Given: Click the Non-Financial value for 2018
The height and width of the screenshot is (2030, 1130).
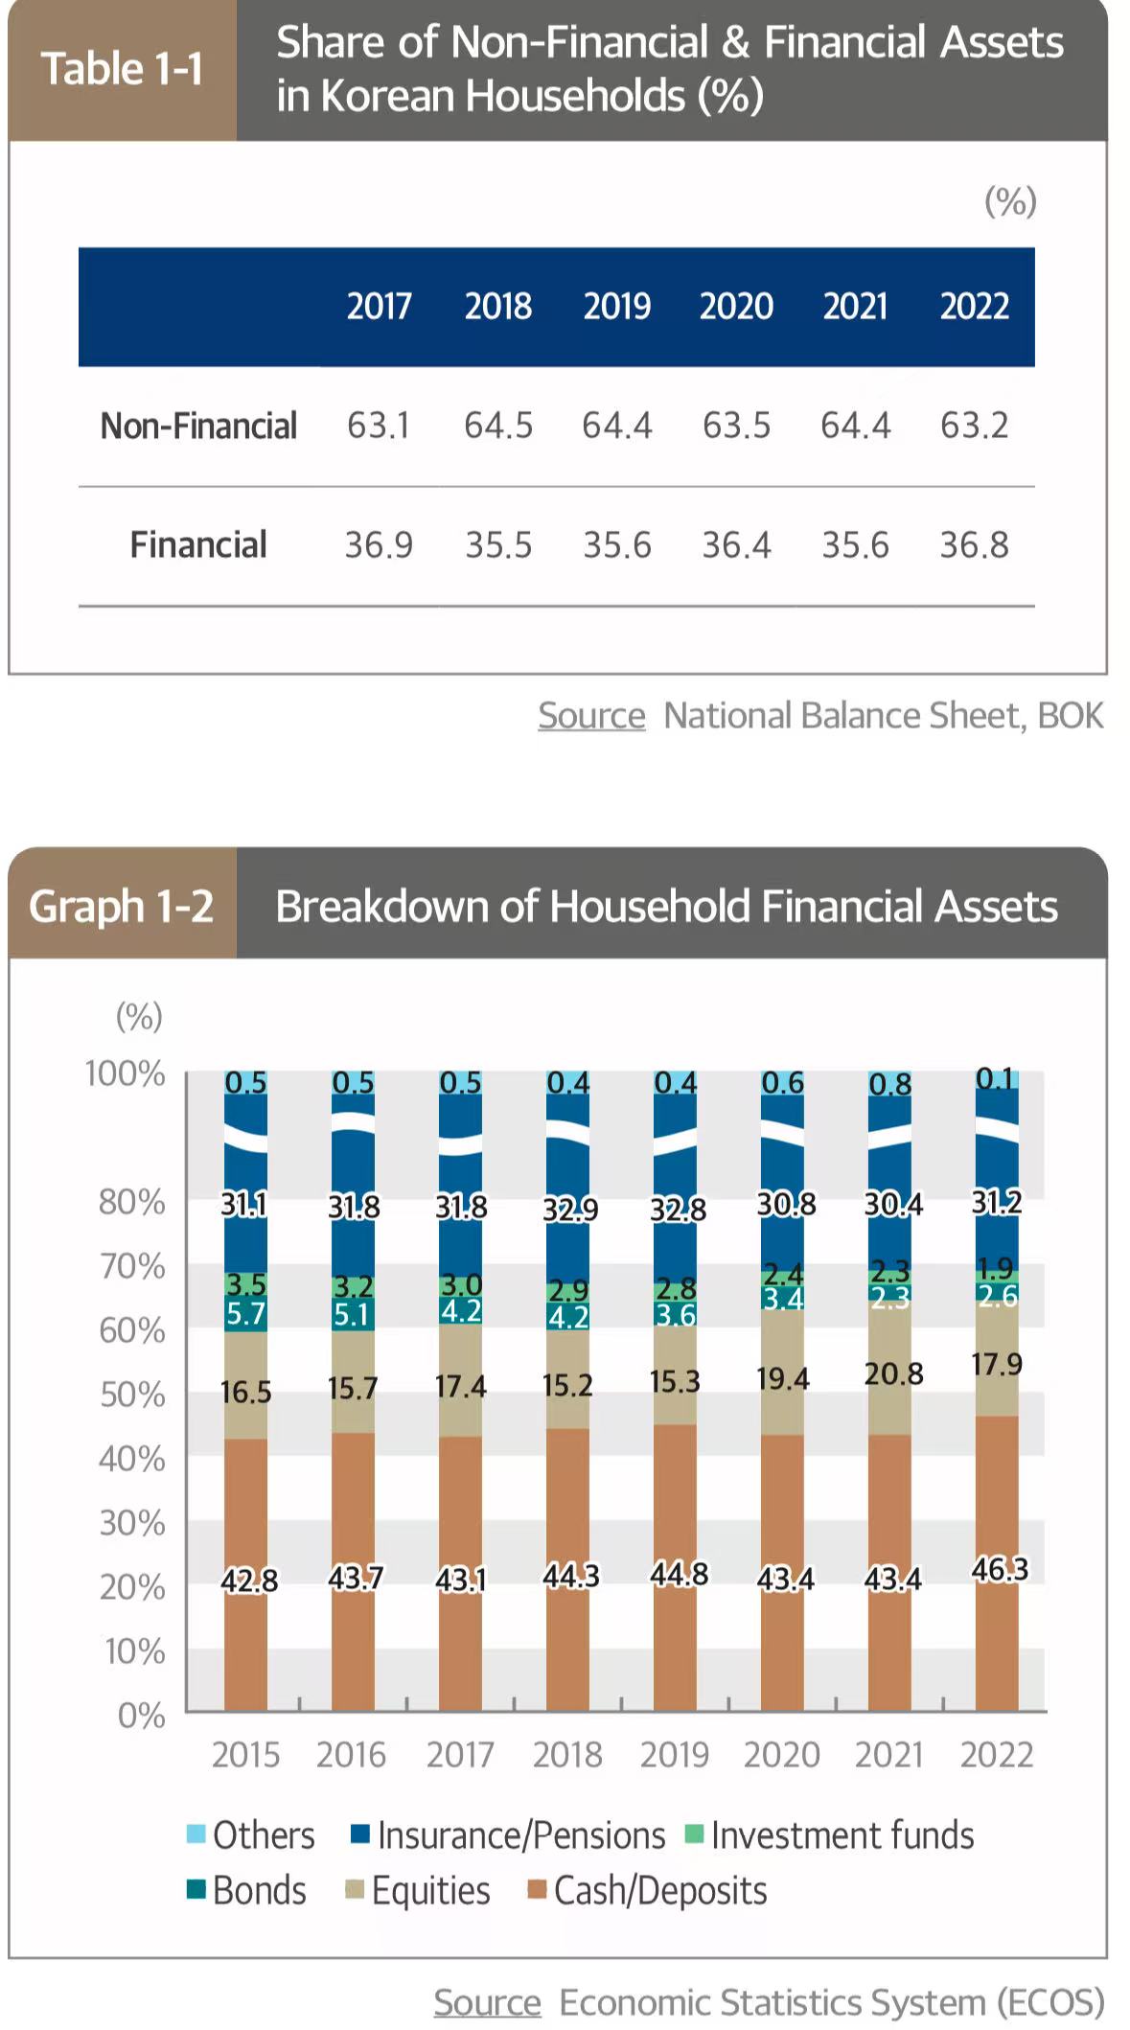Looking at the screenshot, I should [498, 426].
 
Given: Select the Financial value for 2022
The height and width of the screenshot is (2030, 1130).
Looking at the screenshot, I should [974, 545].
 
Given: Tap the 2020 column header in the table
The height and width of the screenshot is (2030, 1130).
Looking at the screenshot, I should [736, 307].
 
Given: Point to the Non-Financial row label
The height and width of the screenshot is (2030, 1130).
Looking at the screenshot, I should [198, 426].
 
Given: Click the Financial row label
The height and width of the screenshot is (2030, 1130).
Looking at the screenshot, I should [198, 545].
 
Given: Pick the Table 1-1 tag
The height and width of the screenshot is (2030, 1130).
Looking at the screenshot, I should [122, 69].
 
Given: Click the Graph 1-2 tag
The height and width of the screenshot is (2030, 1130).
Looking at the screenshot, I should [122, 906].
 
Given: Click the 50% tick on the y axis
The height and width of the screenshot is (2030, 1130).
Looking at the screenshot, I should [132, 1395].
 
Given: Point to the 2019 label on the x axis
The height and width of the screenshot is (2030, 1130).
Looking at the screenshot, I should [675, 1754].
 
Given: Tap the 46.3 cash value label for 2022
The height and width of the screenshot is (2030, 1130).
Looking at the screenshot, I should [1000, 1569].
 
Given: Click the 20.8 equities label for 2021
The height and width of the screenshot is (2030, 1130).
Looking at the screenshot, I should [893, 1374].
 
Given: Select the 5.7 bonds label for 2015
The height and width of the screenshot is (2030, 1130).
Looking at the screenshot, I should [245, 1313].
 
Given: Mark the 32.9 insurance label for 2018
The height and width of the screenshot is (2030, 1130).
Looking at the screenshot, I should [570, 1210].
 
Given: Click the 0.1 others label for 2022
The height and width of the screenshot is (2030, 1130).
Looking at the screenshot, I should [995, 1079].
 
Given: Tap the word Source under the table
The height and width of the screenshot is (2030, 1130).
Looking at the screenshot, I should [591, 715].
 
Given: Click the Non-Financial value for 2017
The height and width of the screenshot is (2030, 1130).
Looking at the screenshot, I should [379, 426].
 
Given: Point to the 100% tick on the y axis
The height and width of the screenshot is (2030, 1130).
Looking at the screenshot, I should [126, 1073].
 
